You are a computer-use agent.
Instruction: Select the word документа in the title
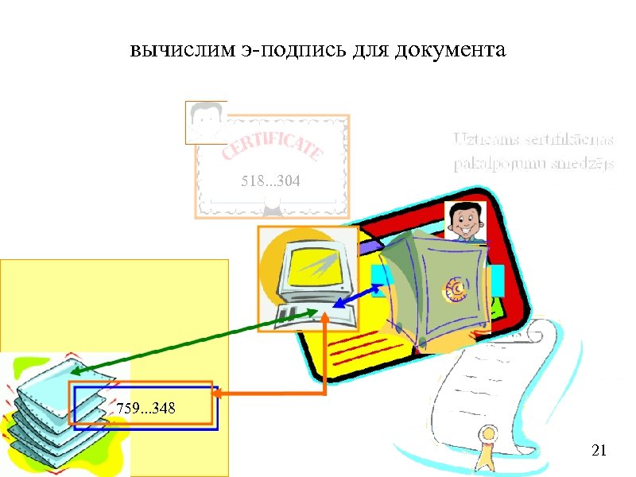[x=453, y=52]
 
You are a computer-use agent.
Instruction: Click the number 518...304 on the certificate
[x=270, y=183]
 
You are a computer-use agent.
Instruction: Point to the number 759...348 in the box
[x=146, y=409]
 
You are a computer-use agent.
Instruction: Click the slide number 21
[x=599, y=452]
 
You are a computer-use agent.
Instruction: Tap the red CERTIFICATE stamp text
[x=272, y=148]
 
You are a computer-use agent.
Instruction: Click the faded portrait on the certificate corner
[x=204, y=121]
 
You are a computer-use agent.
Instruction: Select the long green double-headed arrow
[x=195, y=341]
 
